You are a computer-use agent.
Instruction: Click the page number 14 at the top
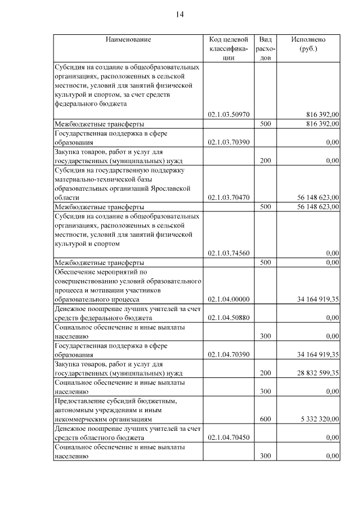point(180,15)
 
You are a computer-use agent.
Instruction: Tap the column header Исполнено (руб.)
point(308,44)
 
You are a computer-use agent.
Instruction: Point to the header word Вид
point(265,40)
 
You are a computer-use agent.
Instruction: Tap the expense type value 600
point(265,419)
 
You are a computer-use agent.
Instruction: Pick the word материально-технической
point(93,179)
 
